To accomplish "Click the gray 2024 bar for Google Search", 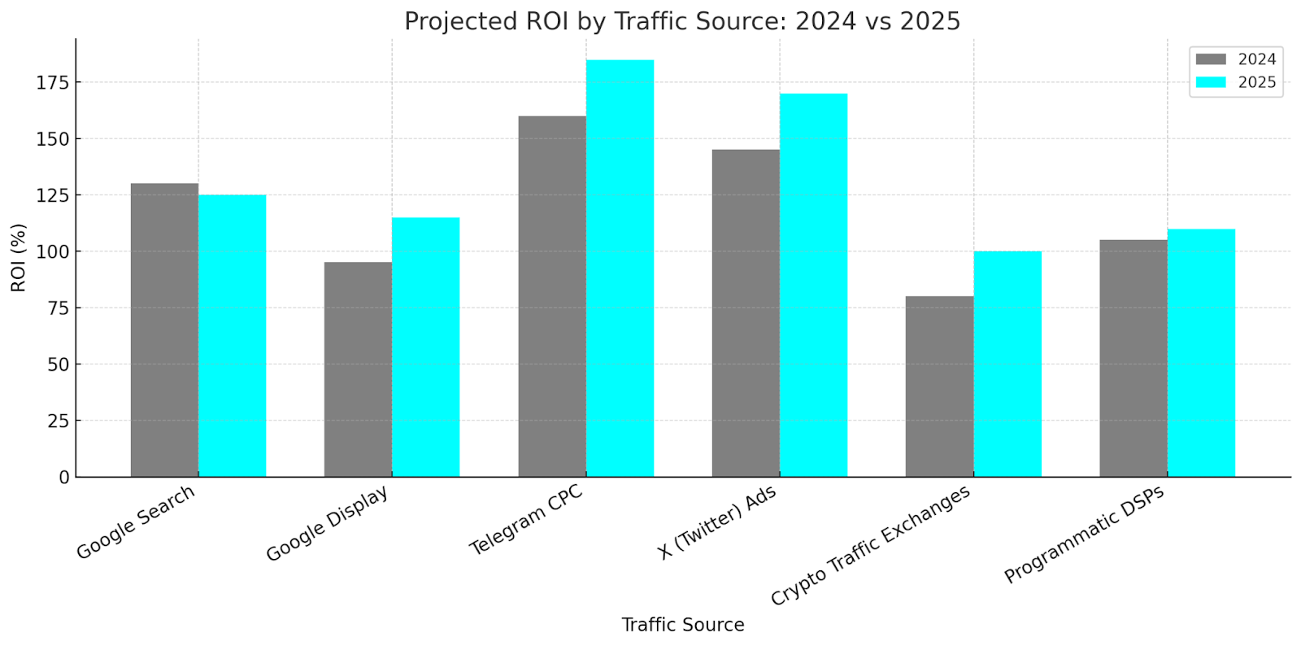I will [164, 330].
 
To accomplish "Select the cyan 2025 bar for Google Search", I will [232, 335].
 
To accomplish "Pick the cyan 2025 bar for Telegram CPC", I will [620, 268].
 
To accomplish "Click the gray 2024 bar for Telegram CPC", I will [552, 296].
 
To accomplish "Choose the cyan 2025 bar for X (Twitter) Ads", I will [813, 285].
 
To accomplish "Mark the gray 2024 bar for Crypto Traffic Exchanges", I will [939, 386].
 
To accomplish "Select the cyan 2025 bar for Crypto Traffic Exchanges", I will [1007, 364].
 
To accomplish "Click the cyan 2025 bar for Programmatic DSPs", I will [1201, 352].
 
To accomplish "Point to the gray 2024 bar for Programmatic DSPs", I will [1133, 358].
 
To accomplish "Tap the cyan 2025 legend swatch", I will [1211, 82].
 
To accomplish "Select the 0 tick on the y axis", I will [64, 478].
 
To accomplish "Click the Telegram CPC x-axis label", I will [526, 521].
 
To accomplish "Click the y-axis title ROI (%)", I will [18, 257].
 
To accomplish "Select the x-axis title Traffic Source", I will [682, 625].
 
